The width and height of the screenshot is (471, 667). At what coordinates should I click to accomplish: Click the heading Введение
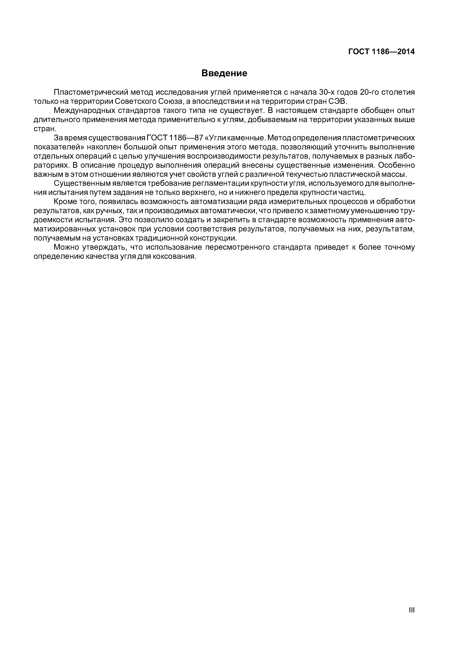point(224,73)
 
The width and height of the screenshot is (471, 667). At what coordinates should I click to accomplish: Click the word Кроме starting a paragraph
point(63,202)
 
